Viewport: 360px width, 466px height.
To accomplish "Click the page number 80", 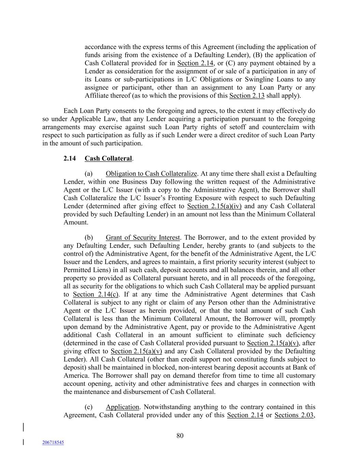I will click(x=180, y=435).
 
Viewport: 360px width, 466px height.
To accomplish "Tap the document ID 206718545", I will click(x=53, y=442).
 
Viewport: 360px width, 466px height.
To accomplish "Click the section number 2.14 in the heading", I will click(x=70, y=158).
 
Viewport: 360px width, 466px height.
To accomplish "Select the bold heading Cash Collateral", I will click(x=108, y=158).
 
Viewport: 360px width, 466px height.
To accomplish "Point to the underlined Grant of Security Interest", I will click(x=142, y=237).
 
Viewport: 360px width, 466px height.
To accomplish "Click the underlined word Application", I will click(x=123, y=407).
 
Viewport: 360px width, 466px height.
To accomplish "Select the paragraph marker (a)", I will click(x=89, y=173).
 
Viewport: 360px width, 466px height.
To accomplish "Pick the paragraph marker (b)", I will click(x=89, y=237).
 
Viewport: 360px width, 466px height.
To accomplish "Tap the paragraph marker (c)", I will click(x=89, y=407).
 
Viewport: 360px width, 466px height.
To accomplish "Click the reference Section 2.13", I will click(x=247, y=96).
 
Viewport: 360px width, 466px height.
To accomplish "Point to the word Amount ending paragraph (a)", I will click(x=75, y=222).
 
